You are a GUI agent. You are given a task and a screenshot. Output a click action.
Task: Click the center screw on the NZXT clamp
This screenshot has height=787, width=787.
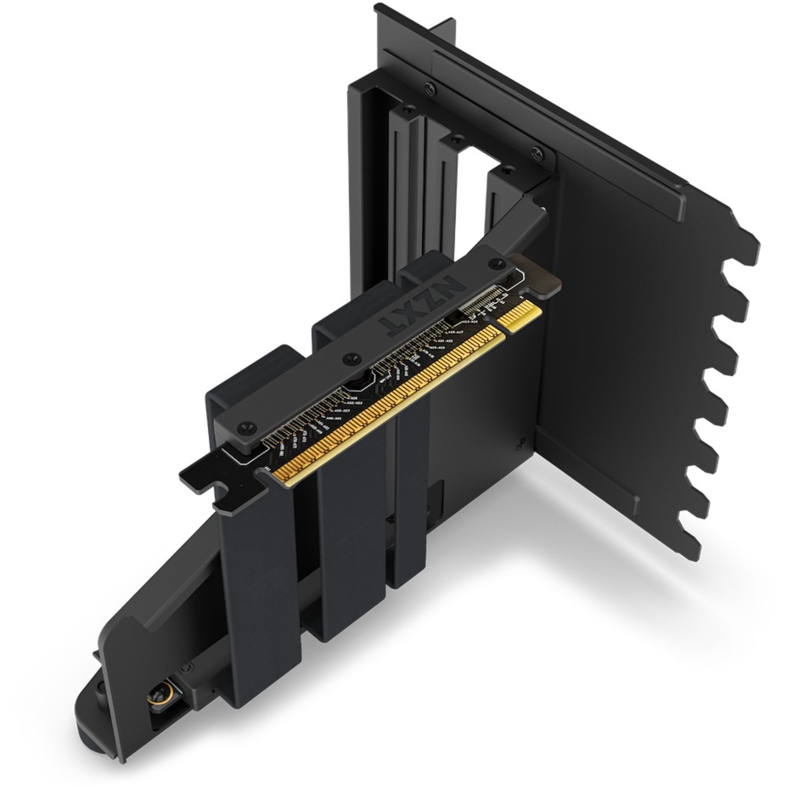[348, 359]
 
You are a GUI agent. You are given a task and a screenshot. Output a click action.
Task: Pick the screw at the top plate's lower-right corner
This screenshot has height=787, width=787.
[536, 154]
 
